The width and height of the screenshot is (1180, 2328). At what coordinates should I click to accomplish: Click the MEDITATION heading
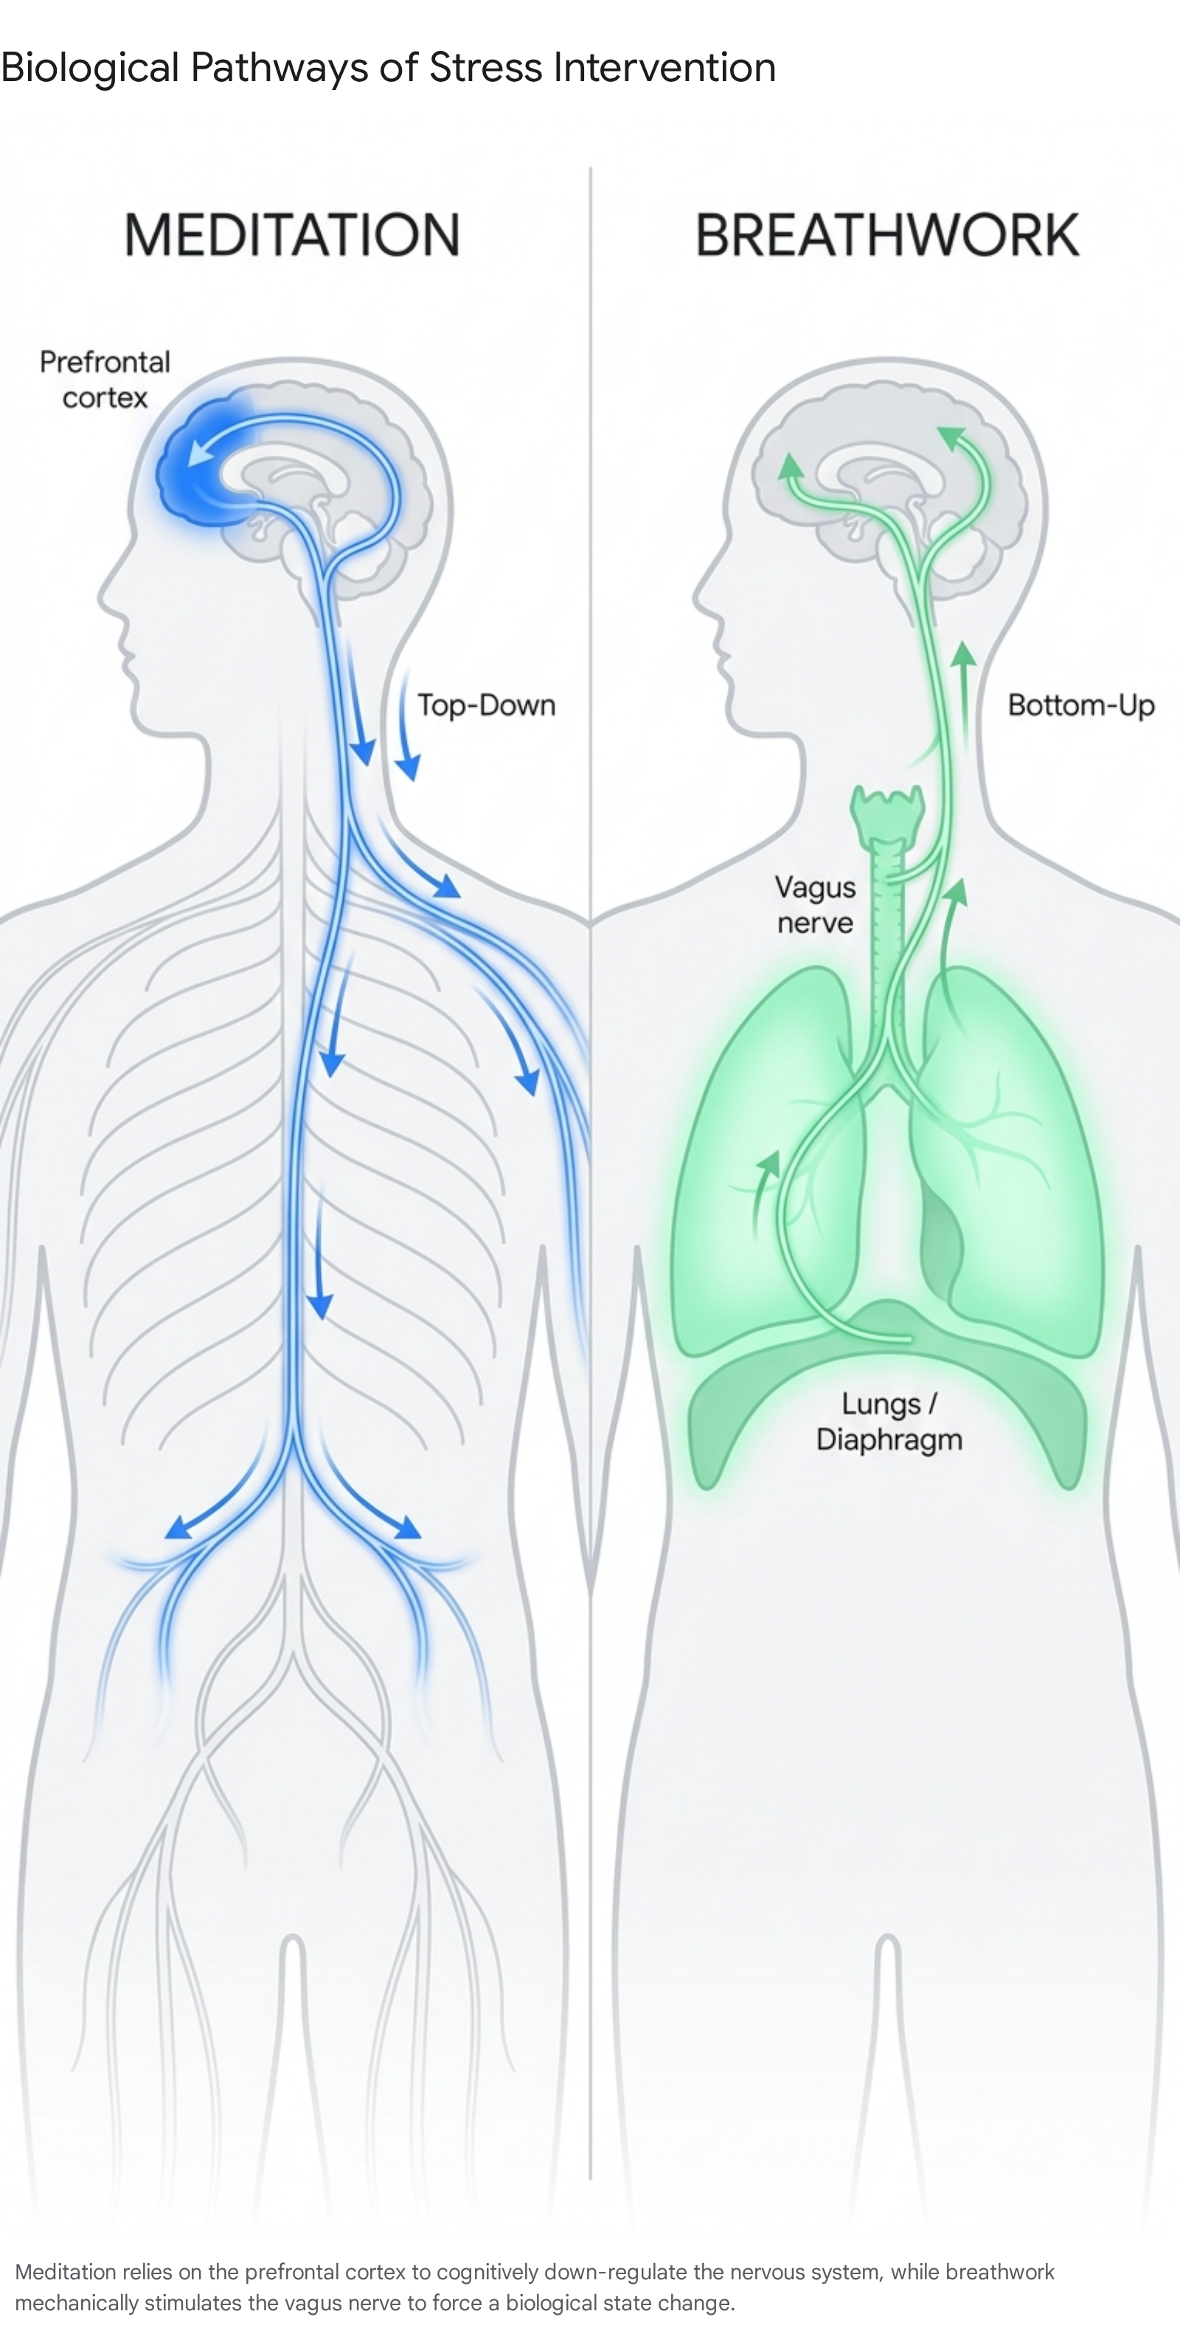click(292, 235)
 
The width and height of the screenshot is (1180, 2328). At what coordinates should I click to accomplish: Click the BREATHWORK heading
click(887, 235)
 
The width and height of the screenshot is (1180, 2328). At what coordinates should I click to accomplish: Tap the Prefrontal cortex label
click(105, 380)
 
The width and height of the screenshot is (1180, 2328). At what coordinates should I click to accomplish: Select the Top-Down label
click(486, 705)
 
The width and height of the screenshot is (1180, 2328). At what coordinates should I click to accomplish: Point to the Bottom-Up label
click(1080, 706)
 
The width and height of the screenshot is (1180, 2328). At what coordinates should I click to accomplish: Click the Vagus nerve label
click(815, 904)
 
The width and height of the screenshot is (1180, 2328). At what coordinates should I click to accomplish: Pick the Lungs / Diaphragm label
click(889, 1421)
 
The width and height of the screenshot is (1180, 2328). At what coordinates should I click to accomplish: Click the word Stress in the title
click(486, 67)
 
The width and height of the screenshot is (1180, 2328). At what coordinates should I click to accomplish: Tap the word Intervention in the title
click(664, 67)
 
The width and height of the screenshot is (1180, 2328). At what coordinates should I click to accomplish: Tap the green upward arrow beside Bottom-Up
click(965, 696)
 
